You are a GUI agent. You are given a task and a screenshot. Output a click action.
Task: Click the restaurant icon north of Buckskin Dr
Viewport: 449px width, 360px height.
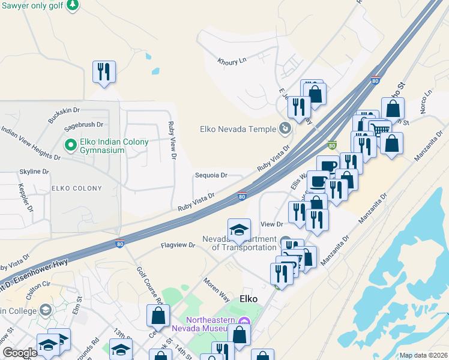pos(104,72)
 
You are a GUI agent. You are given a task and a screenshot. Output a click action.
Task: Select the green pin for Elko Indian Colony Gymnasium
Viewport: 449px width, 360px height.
pos(70,145)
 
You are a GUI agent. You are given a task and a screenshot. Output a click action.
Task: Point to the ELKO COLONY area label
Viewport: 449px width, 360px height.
pos(77,188)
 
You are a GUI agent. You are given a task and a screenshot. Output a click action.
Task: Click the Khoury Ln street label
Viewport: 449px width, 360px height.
pos(234,61)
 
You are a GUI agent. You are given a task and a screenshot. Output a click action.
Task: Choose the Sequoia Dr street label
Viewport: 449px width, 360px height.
pos(211,176)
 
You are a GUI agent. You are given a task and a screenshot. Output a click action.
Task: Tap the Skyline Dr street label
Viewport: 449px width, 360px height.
pos(34,172)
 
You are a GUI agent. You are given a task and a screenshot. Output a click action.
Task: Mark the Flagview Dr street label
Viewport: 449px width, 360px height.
pos(178,245)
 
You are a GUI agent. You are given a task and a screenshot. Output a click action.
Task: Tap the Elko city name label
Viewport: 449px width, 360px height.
pos(249,298)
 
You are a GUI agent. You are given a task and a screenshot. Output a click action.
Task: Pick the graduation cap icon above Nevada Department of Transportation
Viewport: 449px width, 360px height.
pos(239,230)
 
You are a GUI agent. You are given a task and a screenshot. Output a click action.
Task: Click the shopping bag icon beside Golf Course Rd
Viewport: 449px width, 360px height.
pos(158,315)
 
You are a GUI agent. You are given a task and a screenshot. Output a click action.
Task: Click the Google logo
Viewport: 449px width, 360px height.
pos(20,353)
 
